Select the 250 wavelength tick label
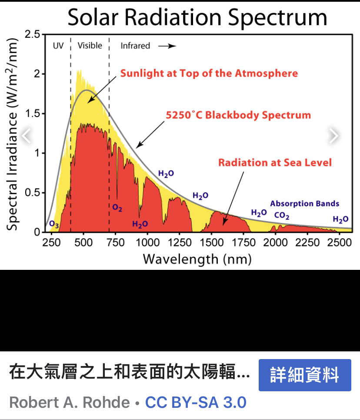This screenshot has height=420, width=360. pos(51,242)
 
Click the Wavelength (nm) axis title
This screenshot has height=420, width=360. pos(197,259)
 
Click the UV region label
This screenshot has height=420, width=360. pos(58,46)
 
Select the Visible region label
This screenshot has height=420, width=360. pos(90,46)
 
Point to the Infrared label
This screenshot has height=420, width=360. pos(135,46)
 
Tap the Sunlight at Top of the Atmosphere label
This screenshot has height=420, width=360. pos(209,73)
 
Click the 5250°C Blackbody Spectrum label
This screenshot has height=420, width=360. pos(238,115)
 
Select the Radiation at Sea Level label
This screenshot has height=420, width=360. pos(275,163)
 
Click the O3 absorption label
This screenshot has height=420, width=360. pos(54,225)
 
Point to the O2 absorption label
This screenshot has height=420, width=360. pos(117,208)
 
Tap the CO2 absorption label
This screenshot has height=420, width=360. pos(282,215)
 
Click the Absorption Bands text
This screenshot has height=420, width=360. pos(304,203)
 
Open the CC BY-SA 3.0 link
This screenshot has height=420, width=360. pos(196,402)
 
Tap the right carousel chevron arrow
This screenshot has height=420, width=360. pos(333,136)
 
